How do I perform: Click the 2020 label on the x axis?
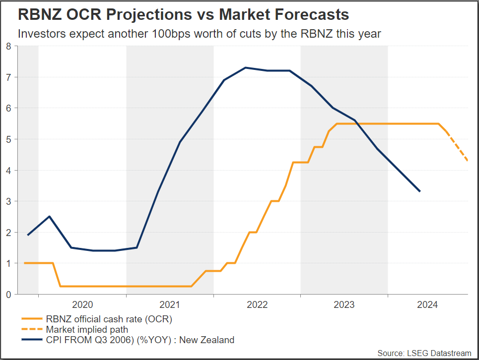(82, 304)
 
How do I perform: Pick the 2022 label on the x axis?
(257, 304)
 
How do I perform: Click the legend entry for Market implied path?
(86, 329)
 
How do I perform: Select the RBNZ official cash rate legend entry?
(109, 319)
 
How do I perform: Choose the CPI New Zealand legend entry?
(139, 340)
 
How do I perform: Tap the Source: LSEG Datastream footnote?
(424, 353)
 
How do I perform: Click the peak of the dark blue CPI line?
(246, 67)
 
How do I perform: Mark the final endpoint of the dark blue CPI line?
(420, 191)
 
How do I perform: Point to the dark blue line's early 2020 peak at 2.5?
(49, 216)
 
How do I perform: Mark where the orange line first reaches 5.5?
(338, 123)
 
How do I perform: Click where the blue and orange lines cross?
(357, 123)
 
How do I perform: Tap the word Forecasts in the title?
(309, 15)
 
